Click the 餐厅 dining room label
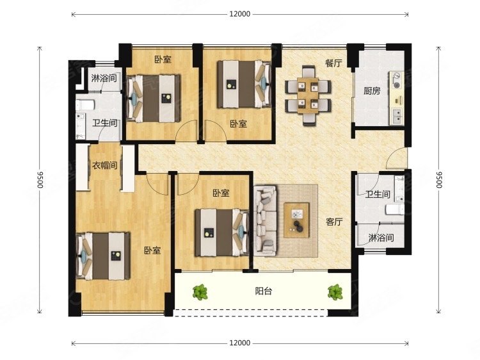pos(333,63)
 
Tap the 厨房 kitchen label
pos(372,91)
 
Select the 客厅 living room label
pos(334,222)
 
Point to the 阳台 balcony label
pos(264,291)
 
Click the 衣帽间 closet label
pos(105,165)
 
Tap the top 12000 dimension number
pos(240,14)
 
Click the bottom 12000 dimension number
pos(240,343)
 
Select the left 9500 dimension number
pos(40,179)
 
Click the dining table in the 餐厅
pos(308,95)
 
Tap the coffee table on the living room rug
pos(296,220)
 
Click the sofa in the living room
pos(266,220)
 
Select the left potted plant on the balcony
pos(200,292)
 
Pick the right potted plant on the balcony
pos(335,292)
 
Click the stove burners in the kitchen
pos(396,79)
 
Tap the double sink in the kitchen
pos(397,116)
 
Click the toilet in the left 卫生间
pos(84,105)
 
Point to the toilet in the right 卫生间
pos(395,209)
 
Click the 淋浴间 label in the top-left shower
pos(104,78)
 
